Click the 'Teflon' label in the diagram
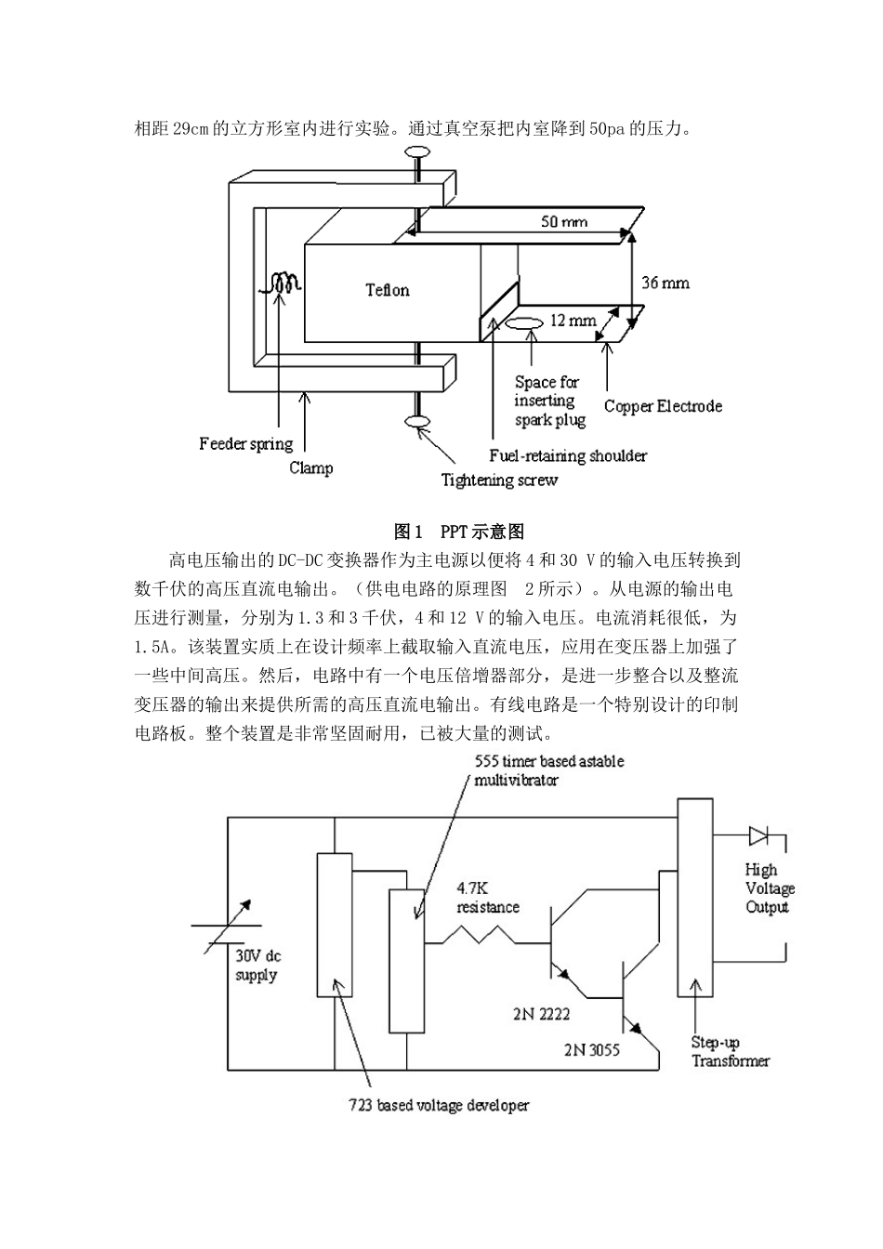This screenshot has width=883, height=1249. coord(387,291)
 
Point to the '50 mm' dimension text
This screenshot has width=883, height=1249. coord(564,222)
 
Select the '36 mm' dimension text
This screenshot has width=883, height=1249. coord(666,283)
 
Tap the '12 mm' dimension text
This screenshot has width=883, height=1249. coord(573,321)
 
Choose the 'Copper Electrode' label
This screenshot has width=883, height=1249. coord(663,406)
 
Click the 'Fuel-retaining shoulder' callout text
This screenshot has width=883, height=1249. coord(568,455)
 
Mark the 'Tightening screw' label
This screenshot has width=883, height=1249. coord(499,480)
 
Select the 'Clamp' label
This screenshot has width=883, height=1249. coord(310,467)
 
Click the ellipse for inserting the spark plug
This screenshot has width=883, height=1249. coord(524,324)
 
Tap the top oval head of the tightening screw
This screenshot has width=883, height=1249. coord(416,151)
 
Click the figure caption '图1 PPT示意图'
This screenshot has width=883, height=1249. coord(459,532)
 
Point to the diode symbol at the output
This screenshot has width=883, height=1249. coord(758,837)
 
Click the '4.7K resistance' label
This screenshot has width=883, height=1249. coord(487,898)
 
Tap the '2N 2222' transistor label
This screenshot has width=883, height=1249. coord(543,1014)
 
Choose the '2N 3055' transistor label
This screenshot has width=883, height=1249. coord(591,1050)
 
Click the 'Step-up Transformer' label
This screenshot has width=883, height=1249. coord(730,1051)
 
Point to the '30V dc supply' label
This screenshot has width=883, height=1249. coord(257,966)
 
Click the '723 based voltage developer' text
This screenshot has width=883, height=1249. coord(439,1106)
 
